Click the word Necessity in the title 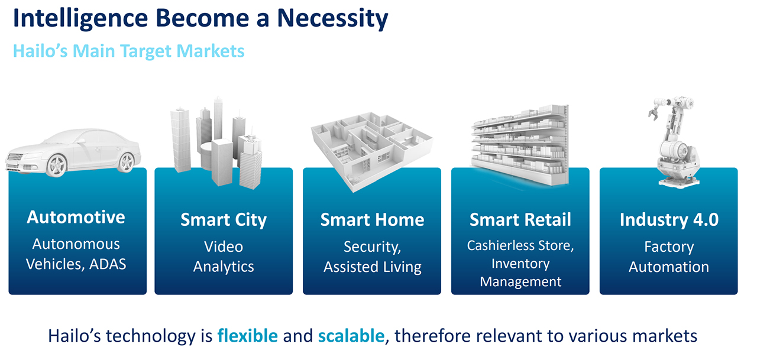click(x=332, y=19)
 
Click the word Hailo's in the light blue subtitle click(x=40, y=51)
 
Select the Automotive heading click(x=76, y=217)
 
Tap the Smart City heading click(x=224, y=220)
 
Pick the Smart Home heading click(x=372, y=220)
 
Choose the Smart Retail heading click(x=520, y=220)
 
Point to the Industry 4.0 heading click(x=669, y=220)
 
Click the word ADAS click(x=108, y=264)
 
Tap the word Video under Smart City click(x=224, y=247)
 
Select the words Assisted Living click(x=372, y=267)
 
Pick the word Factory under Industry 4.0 click(x=669, y=247)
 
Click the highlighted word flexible click(x=247, y=336)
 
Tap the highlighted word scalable click(x=351, y=336)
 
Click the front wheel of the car click(x=57, y=165)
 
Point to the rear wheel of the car click(x=127, y=162)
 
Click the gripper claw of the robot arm click(x=654, y=112)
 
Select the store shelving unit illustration click(x=520, y=145)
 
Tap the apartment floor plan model click(x=371, y=151)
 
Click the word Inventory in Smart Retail click(x=520, y=264)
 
